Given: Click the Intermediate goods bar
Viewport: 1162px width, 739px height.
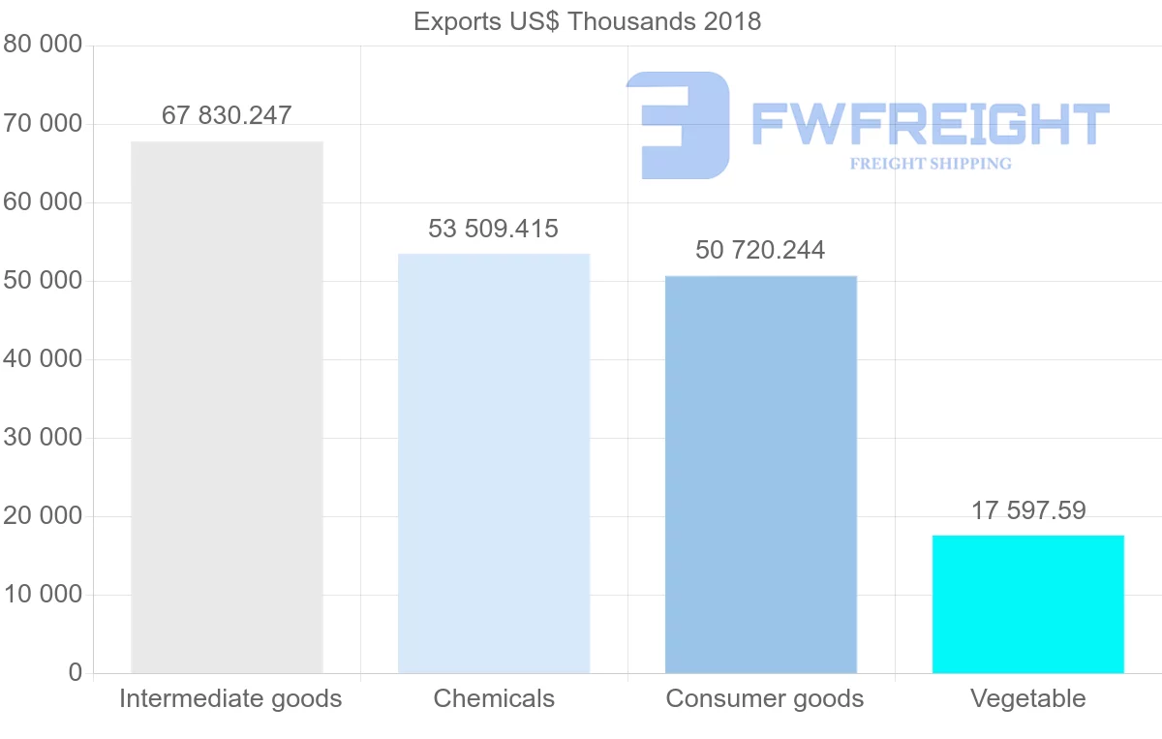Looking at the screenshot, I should click(227, 407).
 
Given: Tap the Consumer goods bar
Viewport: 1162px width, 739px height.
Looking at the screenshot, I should click(761, 474).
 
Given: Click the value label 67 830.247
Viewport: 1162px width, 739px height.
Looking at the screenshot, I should click(227, 115).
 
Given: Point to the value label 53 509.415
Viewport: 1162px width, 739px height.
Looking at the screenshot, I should click(494, 229).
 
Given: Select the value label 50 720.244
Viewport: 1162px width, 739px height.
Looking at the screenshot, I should click(760, 250).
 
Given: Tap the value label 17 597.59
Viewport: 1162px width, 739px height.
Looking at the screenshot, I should click(1028, 509).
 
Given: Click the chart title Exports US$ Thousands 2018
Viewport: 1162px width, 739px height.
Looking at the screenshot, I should click(588, 21).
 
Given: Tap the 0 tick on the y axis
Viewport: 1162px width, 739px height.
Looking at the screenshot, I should click(76, 672).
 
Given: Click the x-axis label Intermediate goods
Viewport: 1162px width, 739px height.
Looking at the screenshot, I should click(230, 698).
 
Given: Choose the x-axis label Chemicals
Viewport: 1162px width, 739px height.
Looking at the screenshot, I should click(494, 698).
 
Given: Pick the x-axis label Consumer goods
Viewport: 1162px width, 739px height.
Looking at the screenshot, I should click(765, 698).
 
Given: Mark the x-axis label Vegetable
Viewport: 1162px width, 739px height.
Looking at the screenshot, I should click(1028, 698).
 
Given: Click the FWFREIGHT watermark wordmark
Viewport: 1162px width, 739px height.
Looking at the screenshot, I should click(930, 124).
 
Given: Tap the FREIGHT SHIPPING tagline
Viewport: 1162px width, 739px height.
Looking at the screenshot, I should click(931, 164).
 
